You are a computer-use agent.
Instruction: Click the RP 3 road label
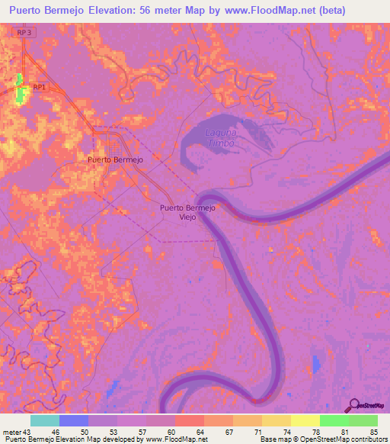pos(24,32)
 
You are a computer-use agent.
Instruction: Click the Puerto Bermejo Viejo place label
pos(187,212)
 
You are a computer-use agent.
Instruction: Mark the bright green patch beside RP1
pos(20,90)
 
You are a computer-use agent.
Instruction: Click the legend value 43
pos(27,432)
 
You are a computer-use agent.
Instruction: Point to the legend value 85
pos(372,432)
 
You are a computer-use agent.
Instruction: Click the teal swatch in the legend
pos(45,420)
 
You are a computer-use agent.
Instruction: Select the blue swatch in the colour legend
pos(74,420)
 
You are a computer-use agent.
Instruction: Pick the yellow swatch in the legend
pos(305,420)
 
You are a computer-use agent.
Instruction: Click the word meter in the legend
pos(11,432)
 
